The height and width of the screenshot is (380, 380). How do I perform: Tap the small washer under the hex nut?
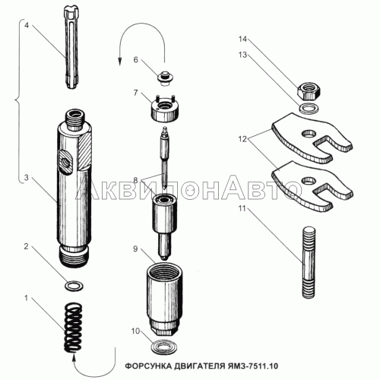[309, 109]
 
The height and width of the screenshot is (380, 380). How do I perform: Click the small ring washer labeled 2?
[74, 287]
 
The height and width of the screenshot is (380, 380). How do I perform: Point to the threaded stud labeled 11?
[309, 262]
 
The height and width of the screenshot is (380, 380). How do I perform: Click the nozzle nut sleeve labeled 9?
[165, 299]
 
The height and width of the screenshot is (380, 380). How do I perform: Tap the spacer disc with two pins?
[165, 109]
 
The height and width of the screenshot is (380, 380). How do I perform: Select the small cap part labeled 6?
[165, 78]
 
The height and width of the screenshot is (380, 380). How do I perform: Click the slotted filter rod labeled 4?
[73, 48]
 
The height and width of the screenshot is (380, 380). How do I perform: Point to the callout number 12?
[242, 139]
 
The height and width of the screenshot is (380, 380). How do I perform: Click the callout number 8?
[135, 180]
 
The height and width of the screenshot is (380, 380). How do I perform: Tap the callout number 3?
[27, 178]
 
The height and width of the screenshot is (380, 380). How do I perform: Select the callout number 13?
[242, 55]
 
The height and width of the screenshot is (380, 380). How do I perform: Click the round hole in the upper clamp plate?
[309, 133]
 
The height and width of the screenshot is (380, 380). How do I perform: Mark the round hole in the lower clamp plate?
[309, 180]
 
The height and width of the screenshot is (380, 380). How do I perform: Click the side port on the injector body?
[65, 161]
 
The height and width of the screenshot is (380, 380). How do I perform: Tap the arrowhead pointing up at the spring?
[74, 358]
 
